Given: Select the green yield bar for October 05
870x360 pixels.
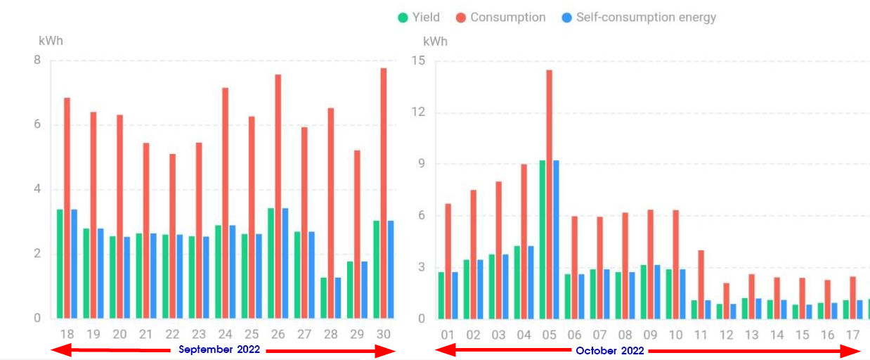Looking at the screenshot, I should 542,239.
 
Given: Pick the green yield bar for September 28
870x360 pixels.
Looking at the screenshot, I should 324,298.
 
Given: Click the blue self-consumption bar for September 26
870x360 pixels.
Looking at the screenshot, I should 285,264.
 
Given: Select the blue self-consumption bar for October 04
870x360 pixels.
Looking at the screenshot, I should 531,282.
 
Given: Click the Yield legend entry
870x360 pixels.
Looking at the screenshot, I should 419,18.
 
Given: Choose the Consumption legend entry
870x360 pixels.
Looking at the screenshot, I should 501,18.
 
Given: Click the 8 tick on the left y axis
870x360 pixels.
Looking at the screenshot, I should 37,60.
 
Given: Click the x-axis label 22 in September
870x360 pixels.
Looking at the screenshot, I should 172,334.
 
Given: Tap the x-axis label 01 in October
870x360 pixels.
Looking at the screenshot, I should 448,335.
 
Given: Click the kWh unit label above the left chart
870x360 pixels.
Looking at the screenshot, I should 51,41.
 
